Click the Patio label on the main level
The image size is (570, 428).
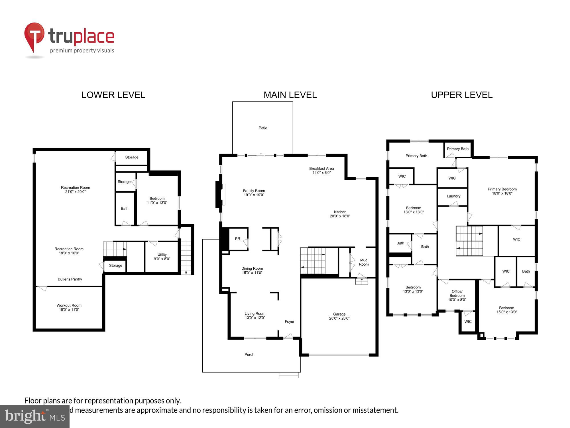coord(263,128)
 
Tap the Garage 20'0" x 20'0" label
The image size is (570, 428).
coord(339,316)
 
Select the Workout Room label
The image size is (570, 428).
coord(69,307)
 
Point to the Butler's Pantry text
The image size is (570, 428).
coord(70,279)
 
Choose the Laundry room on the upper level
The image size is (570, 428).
coord(453,196)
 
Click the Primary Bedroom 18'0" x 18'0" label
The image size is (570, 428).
coord(502,191)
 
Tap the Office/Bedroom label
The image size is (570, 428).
coord(457,296)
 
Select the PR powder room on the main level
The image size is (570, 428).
coord(238,239)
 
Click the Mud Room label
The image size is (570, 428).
coord(364,262)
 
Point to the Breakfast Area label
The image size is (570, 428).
coord(321,171)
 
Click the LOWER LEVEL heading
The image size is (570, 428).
coord(113,95)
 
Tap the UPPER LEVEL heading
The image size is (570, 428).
coord(462,95)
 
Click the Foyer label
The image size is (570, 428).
coord(289,322)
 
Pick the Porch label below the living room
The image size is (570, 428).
coord(249,355)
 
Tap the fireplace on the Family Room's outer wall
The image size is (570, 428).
coord(219,195)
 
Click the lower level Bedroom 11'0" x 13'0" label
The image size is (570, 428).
coord(157,201)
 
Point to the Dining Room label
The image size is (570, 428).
coord(252,270)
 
